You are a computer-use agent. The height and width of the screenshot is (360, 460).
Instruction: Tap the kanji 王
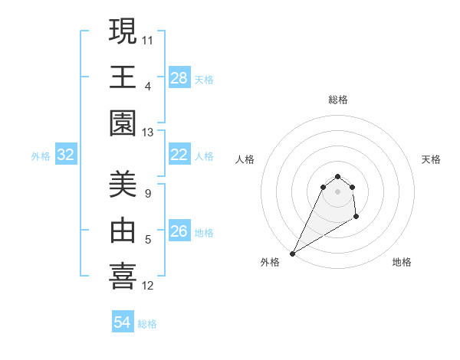tap(123, 77)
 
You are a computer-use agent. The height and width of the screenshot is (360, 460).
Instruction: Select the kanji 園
tap(123, 124)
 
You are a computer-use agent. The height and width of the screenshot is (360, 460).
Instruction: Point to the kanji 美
tap(123, 185)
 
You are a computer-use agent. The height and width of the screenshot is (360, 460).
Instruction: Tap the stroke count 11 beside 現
tap(148, 38)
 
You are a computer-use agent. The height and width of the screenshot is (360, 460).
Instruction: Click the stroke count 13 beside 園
tap(148, 133)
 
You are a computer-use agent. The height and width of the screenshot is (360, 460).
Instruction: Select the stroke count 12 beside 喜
tap(148, 286)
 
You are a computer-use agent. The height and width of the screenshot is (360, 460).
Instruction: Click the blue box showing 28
tap(179, 77)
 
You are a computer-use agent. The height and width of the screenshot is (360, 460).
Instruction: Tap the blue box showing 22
tap(179, 155)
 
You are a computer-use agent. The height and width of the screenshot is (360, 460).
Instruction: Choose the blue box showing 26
tap(179, 231)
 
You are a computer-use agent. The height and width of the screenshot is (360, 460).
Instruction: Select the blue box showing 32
tap(66, 155)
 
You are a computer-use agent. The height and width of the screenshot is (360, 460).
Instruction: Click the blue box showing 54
tap(123, 322)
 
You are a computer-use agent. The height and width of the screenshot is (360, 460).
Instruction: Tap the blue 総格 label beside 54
tap(147, 324)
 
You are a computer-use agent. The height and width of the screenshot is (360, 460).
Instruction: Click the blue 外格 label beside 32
tap(41, 156)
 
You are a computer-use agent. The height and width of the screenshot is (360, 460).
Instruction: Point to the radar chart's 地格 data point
tap(356, 218)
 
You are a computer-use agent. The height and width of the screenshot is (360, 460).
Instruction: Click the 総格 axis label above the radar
tap(337, 100)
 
